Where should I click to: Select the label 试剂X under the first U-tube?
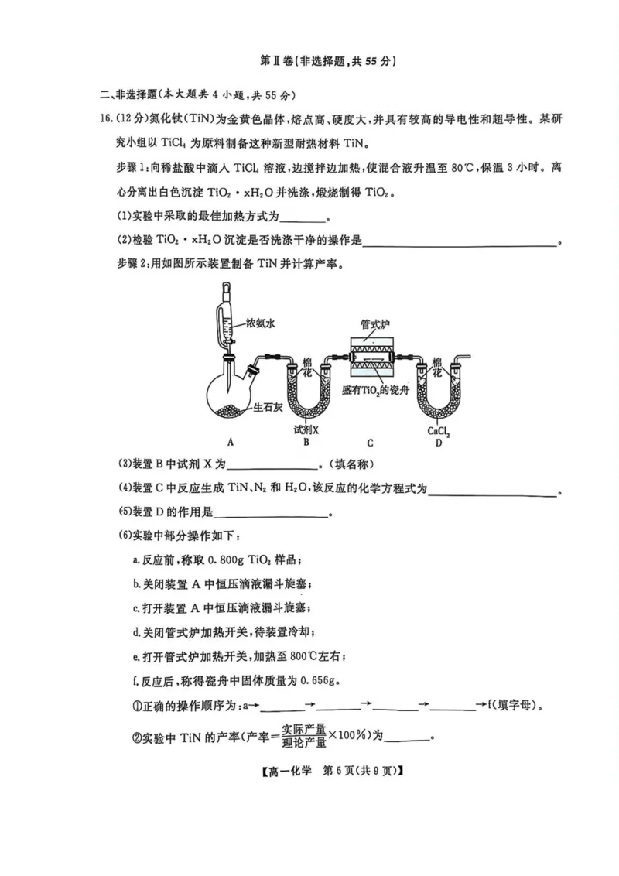(x=306, y=429)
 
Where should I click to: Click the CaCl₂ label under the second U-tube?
(x=439, y=430)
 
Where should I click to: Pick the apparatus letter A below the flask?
(x=230, y=443)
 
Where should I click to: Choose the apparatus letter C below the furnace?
(x=371, y=443)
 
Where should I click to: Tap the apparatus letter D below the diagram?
(x=439, y=443)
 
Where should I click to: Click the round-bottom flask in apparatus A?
(x=228, y=399)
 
